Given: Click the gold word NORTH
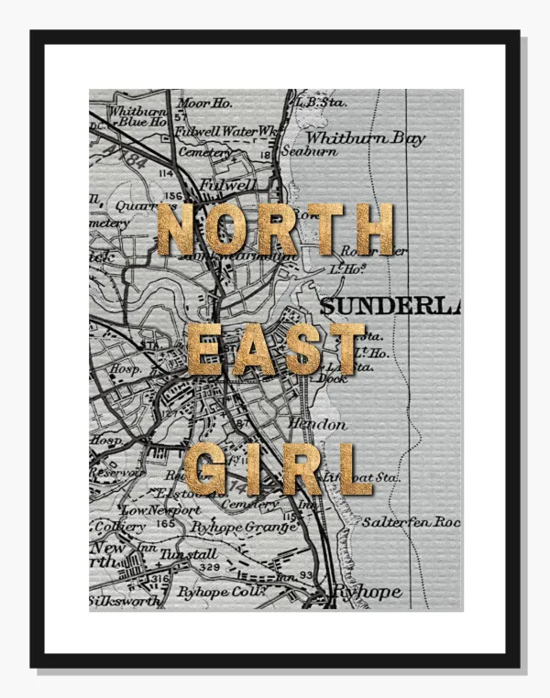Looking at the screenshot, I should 275,229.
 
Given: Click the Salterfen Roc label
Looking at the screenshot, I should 410,521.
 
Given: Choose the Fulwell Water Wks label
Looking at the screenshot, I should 225,131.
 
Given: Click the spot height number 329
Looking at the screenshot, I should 209,569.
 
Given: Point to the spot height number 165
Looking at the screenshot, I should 166,523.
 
